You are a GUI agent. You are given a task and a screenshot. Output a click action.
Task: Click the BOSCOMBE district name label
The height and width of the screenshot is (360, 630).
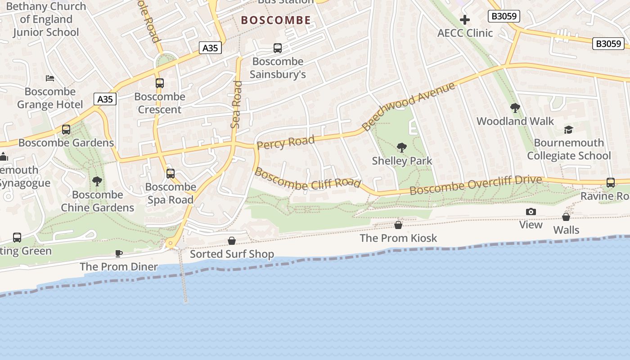click(x=276, y=20)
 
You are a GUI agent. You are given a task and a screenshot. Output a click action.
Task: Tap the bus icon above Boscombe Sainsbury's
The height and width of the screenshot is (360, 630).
click(x=278, y=48)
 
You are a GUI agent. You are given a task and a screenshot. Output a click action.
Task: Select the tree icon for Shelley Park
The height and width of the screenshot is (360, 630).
click(x=401, y=147)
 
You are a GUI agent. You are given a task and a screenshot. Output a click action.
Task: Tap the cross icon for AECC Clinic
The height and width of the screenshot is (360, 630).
click(x=465, y=20)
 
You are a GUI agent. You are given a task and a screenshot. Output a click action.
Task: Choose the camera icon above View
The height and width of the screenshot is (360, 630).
click(x=531, y=212)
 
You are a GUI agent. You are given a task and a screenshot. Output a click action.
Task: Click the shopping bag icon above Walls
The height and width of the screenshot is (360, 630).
click(x=566, y=217)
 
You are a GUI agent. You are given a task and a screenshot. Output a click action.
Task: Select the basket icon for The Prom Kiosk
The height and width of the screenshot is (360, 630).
click(x=398, y=225)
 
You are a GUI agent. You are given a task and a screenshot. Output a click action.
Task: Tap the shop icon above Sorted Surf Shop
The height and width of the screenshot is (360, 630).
click(x=232, y=241)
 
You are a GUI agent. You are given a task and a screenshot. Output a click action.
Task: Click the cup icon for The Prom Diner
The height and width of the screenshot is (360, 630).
click(x=119, y=254)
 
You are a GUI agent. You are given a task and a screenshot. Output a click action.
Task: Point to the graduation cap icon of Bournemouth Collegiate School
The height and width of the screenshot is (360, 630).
click(x=569, y=130)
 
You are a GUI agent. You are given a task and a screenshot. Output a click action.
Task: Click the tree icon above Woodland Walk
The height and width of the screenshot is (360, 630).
click(x=515, y=108)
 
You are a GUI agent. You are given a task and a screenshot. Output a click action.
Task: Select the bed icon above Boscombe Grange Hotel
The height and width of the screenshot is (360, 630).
click(x=50, y=78)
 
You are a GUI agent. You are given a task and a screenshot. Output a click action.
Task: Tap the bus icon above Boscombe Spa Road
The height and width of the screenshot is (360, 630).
click(x=170, y=174)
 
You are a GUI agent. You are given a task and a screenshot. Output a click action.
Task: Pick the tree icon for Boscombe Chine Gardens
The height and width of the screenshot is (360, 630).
click(x=97, y=181)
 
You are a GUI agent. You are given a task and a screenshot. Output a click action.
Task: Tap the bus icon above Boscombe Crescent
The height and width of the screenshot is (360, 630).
click(x=159, y=83)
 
